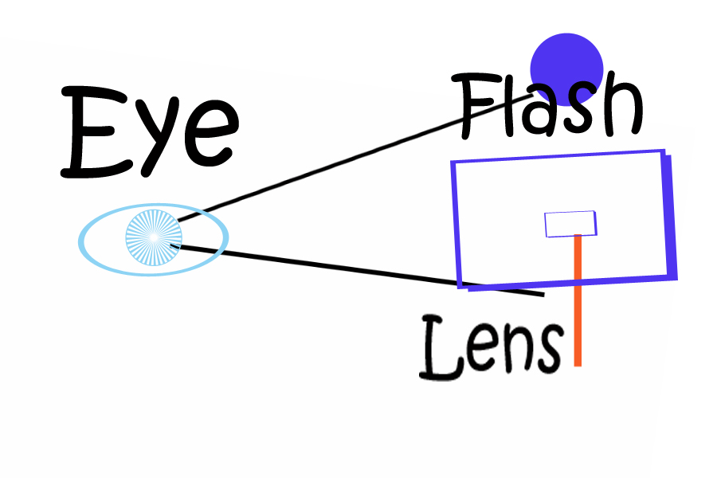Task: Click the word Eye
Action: click(x=150, y=133)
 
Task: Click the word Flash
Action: click(x=547, y=106)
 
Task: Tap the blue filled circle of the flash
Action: click(x=566, y=69)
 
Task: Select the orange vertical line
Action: click(x=578, y=300)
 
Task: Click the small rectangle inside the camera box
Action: click(x=570, y=224)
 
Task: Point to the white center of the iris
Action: click(x=154, y=237)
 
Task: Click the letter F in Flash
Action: click(x=476, y=106)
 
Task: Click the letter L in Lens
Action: click(x=442, y=347)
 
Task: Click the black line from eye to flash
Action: click(x=355, y=159)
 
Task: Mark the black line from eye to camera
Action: click(x=357, y=269)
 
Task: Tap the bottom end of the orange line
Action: click(x=578, y=366)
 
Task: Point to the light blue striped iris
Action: click(x=154, y=237)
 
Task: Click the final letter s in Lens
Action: click(x=550, y=349)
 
